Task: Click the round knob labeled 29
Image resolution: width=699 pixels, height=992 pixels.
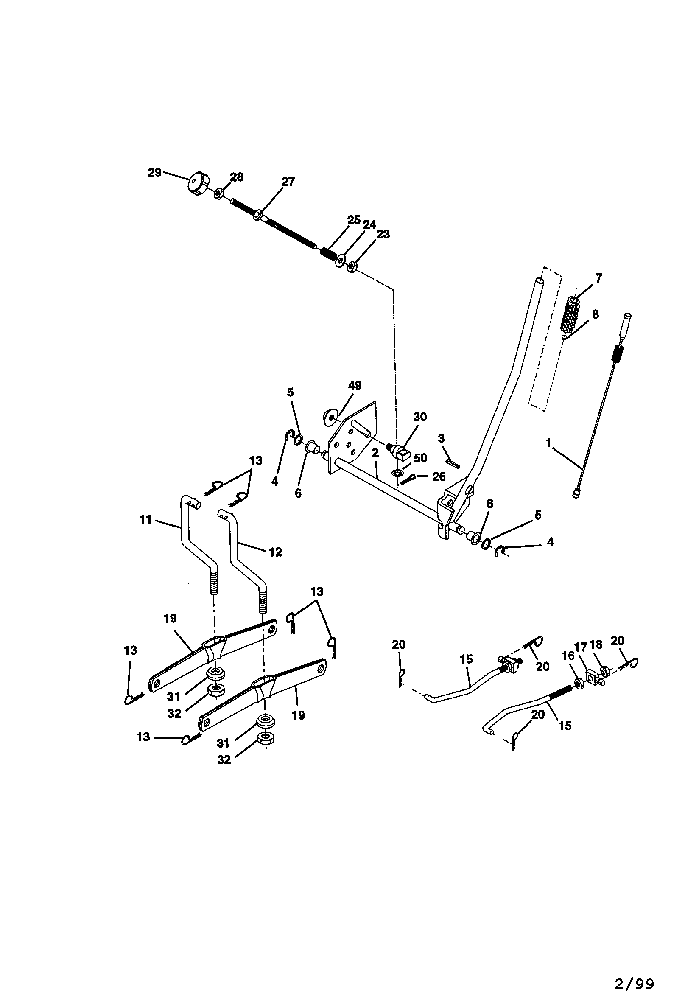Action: tap(199, 185)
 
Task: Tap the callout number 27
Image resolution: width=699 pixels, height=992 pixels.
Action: tap(288, 182)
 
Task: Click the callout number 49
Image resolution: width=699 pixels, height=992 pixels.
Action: tap(355, 386)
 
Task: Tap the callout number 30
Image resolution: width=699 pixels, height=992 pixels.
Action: tap(420, 417)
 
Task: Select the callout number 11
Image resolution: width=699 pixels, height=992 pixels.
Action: tap(145, 519)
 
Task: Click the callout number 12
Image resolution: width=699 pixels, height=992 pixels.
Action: tap(276, 552)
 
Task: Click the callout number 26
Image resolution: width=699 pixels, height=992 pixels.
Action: tap(439, 477)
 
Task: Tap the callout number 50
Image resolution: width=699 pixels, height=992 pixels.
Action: tap(420, 458)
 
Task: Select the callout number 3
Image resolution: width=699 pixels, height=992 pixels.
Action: tap(441, 439)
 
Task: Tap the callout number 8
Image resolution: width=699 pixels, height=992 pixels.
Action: tap(596, 314)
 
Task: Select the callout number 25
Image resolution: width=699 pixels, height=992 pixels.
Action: tap(354, 220)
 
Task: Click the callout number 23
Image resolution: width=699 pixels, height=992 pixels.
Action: tap(383, 234)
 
